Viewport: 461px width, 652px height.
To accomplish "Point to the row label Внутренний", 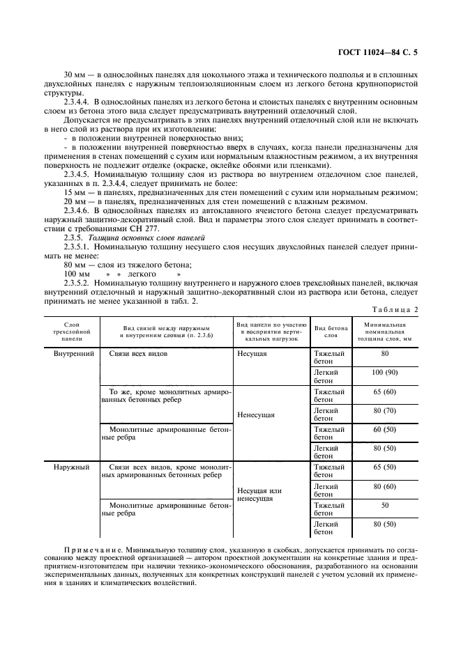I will coord(74,354).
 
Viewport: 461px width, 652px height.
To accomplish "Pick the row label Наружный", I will coord(73,467).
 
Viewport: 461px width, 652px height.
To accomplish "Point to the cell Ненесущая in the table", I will coord(256,414).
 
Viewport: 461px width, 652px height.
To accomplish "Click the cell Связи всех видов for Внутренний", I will coord(139,354).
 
